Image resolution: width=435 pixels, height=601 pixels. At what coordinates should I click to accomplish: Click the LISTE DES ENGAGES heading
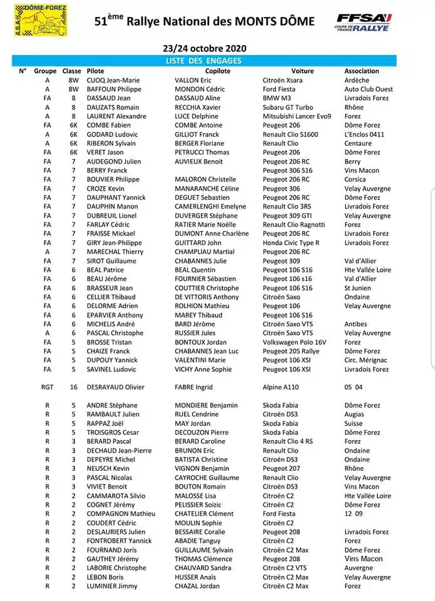pyautogui.click(x=203, y=61)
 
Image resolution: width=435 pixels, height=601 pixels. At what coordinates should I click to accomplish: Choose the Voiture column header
pyautogui.click(x=302, y=71)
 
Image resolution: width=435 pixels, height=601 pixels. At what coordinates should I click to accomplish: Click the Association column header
pyautogui.click(x=362, y=71)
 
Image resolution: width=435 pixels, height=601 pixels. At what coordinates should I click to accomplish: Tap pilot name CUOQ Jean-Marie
pyautogui.click(x=113, y=80)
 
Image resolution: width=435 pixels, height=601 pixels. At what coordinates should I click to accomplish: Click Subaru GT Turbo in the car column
pyautogui.click(x=288, y=107)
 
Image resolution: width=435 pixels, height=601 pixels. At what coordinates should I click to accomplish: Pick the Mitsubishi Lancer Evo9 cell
pyautogui.click(x=297, y=116)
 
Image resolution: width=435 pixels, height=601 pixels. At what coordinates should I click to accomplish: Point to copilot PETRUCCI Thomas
pyautogui.click(x=202, y=152)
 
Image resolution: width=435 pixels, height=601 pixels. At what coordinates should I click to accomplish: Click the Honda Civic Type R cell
pyautogui.click(x=291, y=243)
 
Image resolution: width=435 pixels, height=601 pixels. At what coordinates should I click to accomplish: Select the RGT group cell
pyautogui.click(x=47, y=388)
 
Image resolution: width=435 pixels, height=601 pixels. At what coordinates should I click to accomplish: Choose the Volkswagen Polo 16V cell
pyautogui.click(x=295, y=342)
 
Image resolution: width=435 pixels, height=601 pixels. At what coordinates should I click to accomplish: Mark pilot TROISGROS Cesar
pyautogui.click(x=113, y=433)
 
